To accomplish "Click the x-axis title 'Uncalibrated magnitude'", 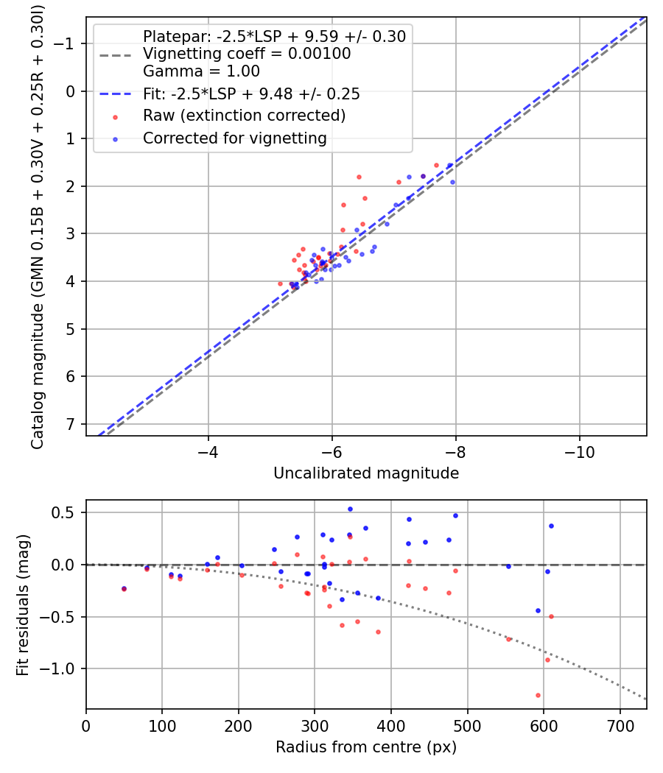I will [x=366, y=473].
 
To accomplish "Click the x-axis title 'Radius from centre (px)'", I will [x=366, y=747].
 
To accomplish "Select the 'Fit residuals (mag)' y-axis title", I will [x=23, y=604].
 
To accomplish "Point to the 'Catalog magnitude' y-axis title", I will [x=38, y=226].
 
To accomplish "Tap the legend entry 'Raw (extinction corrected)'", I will [x=244, y=116].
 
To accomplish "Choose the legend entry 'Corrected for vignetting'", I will [x=235, y=138].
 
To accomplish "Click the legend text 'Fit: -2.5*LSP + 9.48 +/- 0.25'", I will [x=251, y=94].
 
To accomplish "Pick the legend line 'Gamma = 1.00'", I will [x=201, y=72].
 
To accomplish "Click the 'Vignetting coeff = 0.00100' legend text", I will [x=247, y=54].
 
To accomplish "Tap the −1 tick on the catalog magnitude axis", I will [x=66, y=44].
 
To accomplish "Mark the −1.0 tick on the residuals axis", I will [x=62, y=668].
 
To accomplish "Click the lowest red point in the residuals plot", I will [x=538, y=695].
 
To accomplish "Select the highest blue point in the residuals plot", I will [x=350, y=509].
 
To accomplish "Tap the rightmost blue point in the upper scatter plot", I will [x=452, y=182].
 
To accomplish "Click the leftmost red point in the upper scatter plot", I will [x=280, y=283].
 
